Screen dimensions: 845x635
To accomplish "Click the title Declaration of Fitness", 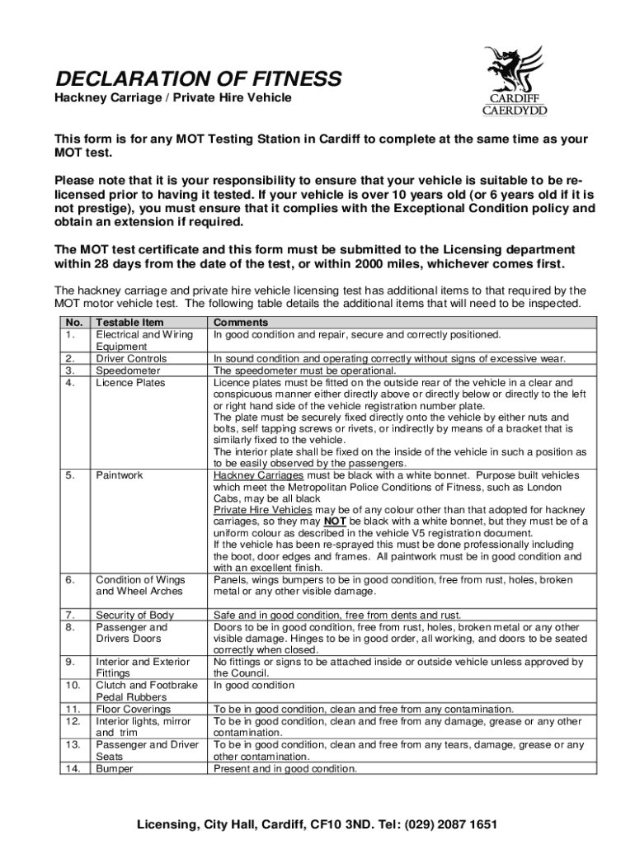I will click(x=198, y=79).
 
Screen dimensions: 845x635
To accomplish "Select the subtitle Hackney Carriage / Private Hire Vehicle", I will click(x=173, y=99).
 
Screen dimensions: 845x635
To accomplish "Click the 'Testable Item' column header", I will click(x=130, y=323).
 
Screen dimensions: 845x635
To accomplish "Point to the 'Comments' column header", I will click(x=241, y=323).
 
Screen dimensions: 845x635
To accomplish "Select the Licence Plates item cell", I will click(x=131, y=383).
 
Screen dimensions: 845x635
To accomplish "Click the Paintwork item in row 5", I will click(x=120, y=475).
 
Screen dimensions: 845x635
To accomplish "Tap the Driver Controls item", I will click(x=132, y=359).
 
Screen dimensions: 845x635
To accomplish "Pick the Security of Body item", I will click(x=135, y=615).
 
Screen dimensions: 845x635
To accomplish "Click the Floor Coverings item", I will click(x=134, y=709).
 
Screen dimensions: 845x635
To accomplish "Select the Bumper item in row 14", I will click(x=115, y=768).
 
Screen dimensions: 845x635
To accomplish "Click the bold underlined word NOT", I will click(x=334, y=522).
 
